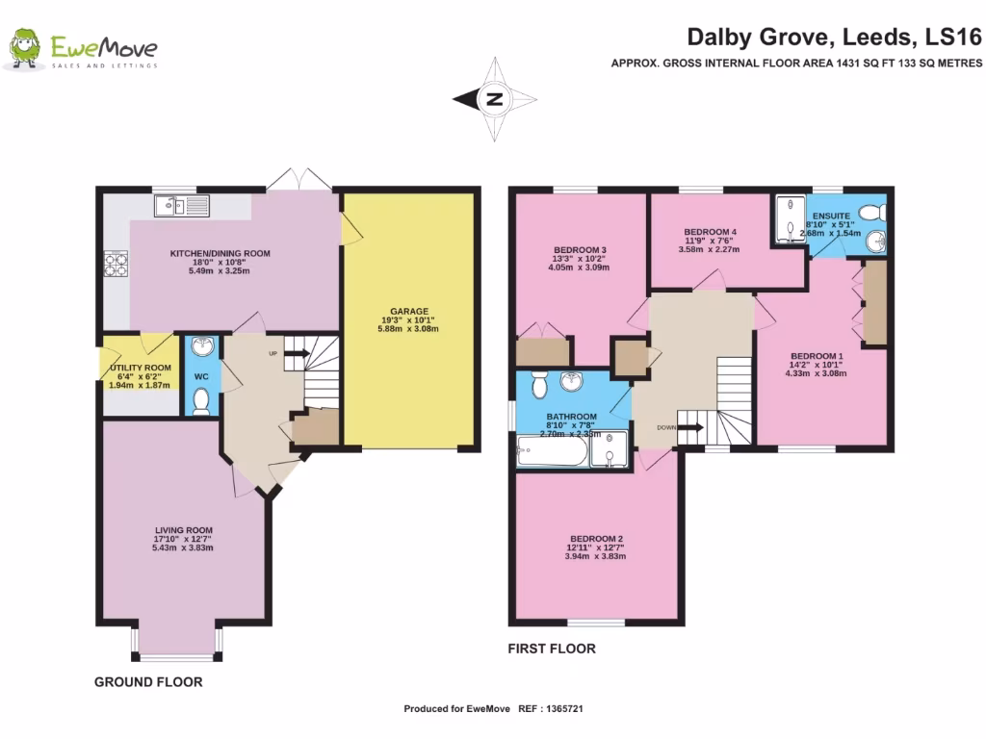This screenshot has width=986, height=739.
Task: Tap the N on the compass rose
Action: [494, 99]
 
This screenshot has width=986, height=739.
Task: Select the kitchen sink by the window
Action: [182, 206]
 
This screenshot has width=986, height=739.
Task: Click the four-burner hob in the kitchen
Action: [116, 264]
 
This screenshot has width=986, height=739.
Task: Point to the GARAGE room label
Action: [409, 311]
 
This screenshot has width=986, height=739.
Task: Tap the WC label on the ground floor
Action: [201, 376]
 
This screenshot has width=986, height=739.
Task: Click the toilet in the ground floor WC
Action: [201, 401]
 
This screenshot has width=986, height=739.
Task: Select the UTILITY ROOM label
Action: [141, 368]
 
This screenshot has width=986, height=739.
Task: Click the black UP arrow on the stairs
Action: [297, 353]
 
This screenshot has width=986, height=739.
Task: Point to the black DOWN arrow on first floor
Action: [690, 428]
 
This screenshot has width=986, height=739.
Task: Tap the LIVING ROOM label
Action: [184, 530]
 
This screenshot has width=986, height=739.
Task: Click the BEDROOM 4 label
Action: [710, 232]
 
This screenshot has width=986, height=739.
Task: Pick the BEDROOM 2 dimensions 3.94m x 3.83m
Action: [595, 556]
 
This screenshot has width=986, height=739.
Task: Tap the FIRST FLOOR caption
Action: [552, 649]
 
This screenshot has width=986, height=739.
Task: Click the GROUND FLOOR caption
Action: [148, 682]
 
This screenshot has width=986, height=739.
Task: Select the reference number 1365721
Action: [564, 709]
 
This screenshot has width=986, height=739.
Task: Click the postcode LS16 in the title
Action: [953, 38]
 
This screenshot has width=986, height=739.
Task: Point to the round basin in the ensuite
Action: [875, 241]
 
